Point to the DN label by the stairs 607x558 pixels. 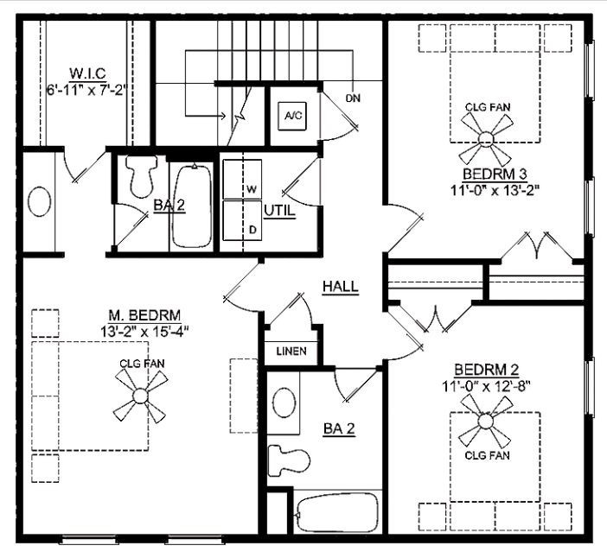coord(353,98)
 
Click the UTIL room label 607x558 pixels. coord(278,211)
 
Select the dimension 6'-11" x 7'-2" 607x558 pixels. coord(87,88)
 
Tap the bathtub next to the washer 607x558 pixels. coord(192,206)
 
